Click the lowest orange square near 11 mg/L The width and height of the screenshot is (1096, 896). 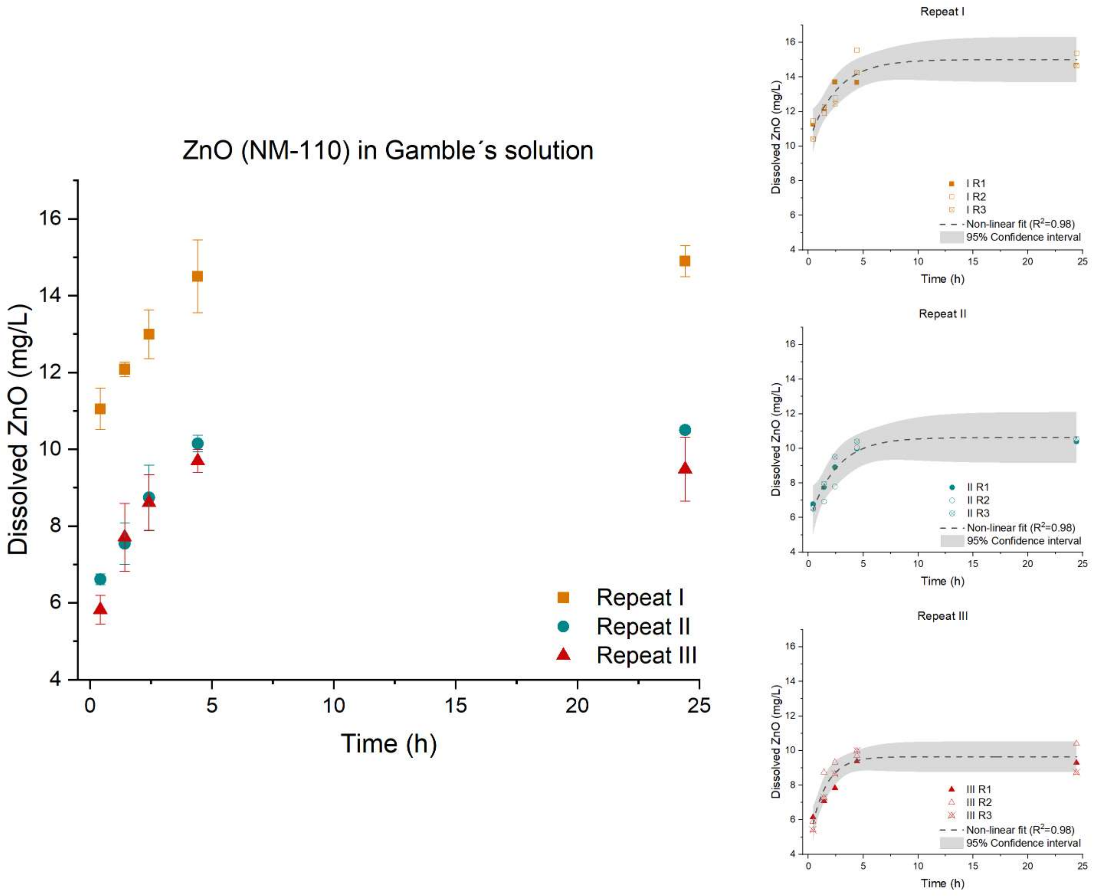(100, 409)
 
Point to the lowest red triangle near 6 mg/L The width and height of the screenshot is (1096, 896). (100, 609)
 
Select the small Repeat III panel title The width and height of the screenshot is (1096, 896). (942, 616)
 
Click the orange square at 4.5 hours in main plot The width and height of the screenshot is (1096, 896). (197, 277)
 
